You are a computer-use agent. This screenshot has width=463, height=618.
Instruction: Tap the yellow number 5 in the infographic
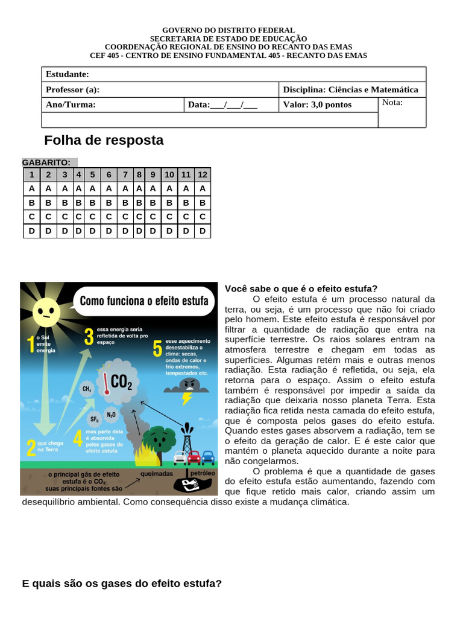(158, 349)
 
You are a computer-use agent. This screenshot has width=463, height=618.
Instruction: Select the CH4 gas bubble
(87, 389)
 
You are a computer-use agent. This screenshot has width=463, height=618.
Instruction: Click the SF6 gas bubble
(95, 419)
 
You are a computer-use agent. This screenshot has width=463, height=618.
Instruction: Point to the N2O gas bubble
(112, 415)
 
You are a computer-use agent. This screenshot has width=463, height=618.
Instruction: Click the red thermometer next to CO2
(106, 382)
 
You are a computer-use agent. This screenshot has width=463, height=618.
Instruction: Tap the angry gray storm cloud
(189, 385)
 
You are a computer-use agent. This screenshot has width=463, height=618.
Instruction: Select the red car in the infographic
(194, 458)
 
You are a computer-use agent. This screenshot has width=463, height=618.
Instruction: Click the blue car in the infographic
(208, 457)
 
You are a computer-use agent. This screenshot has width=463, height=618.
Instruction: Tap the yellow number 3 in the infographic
(89, 337)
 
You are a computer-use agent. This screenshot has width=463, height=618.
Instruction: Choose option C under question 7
(125, 216)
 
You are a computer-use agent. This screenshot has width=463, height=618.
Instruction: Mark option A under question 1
(31, 188)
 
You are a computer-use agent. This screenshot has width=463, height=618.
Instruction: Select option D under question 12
(203, 231)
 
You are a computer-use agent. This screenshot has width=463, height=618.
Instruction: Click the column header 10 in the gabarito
(169, 174)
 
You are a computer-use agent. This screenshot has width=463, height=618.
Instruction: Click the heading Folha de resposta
(104, 141)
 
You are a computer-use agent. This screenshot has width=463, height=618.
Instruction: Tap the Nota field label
(392, 103)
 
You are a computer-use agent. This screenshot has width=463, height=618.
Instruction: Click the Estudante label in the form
(68, 74)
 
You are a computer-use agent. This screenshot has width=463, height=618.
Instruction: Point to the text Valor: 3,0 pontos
(317, 104)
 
